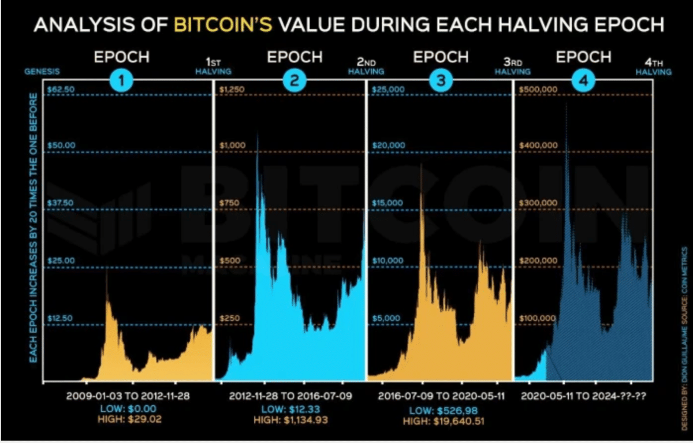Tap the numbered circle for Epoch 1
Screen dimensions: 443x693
point(121,82)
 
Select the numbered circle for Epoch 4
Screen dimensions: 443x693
point(583,82)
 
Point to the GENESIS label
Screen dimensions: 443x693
point(42,72)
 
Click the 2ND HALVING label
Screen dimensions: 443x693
point(366,68)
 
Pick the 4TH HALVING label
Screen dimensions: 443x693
point(654,68)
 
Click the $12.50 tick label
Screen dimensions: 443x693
point(61,318)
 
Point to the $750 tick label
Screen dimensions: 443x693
point(232,203)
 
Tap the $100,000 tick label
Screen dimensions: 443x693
point(538,318)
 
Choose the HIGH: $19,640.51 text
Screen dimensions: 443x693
point(442,422)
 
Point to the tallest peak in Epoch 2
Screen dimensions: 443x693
point(258,139)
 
